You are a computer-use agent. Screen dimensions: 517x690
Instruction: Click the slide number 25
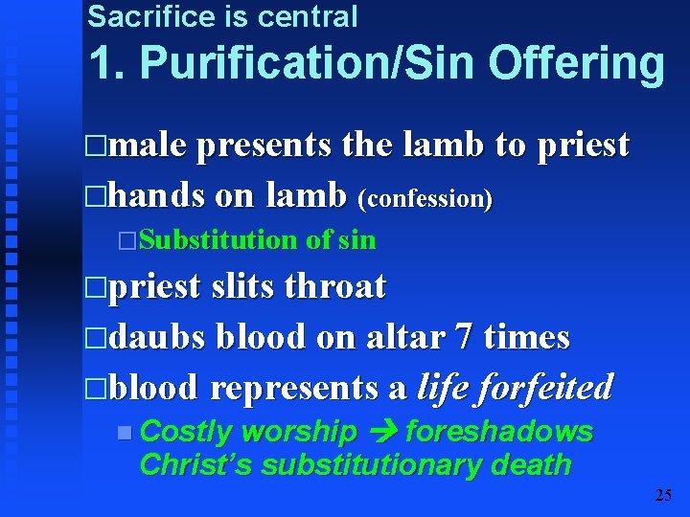coord(663,495)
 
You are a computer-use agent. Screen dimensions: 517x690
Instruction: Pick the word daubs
coord(158,337)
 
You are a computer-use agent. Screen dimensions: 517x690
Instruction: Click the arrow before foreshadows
coord(381,433)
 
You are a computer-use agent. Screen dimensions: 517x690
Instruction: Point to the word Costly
coord(186,433)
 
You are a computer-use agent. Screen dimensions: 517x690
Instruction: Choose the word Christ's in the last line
coord(196,466)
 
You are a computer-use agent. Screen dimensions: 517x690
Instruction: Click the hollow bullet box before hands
coord(93,197)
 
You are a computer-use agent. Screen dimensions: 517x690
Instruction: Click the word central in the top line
coord(310,16)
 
